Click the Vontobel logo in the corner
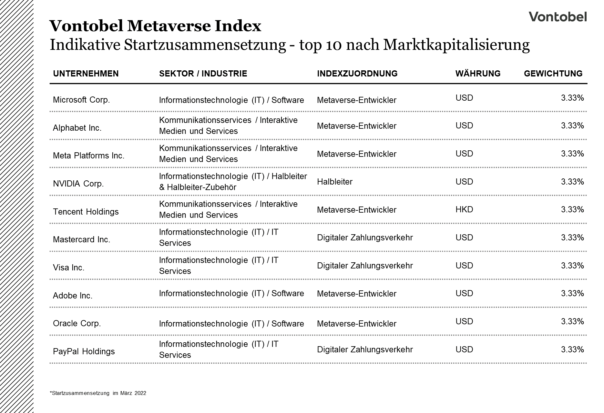(x=558, y=17)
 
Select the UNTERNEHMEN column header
(x=86, y=74)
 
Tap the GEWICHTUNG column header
(x=553, y=74)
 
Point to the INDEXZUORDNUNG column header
(x=357, y=74)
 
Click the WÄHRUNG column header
(x=478, y=74)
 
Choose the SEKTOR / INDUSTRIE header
(x=203, y=74)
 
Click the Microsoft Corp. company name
(x=81, y=100)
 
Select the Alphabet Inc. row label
(x=77, y=128)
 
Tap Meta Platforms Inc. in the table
(x=88, y=156)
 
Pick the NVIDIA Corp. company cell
(x=78, y=184)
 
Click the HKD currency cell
(x=464, y=209)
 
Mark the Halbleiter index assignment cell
(x=334, y=182)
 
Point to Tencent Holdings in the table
(x=86, y=212)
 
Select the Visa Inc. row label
(x=68, y=267)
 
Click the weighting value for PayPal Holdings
(x=572, y=349)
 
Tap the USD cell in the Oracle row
(x=464, y=321)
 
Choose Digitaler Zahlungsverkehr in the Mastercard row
(x=365, y=238)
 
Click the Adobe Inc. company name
(x=73, y=296)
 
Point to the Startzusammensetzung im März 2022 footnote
(x=98, y=393)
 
